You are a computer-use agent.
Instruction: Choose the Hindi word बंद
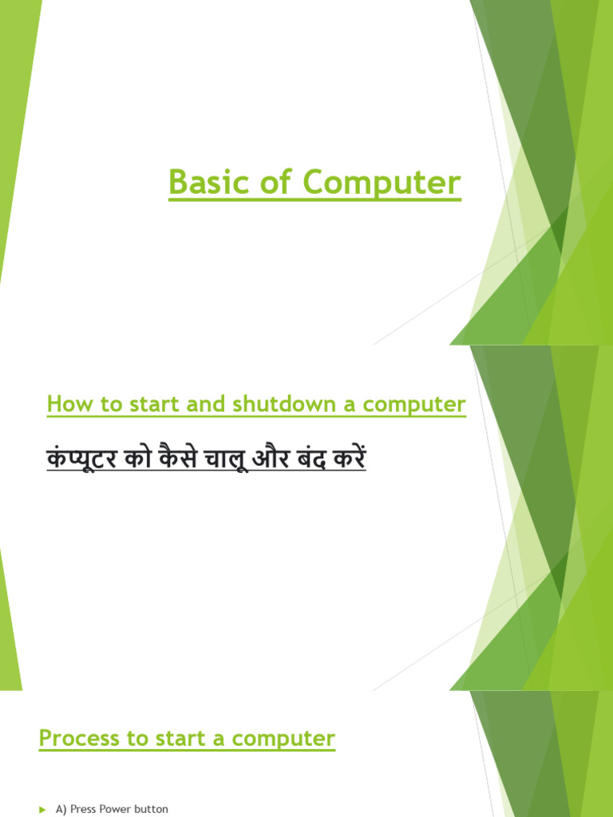[x=318, y=460]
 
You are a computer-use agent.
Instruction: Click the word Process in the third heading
[x=73, y=738]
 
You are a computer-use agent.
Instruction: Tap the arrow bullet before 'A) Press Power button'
[x=43, y=810]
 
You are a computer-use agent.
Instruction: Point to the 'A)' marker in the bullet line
[x=61, y=809]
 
